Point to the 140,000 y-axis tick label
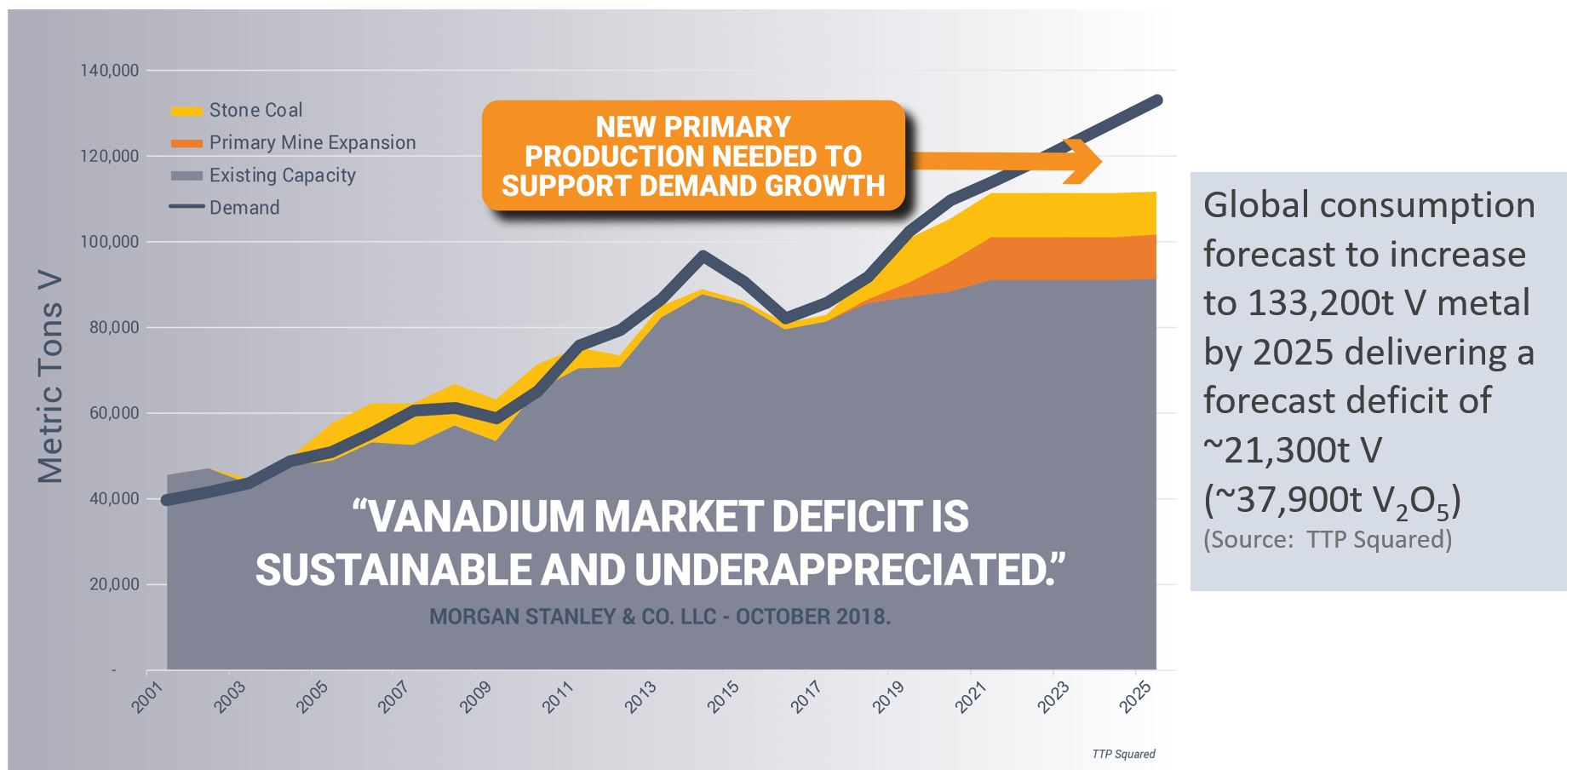[110, 71]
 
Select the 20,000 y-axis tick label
[112, 585]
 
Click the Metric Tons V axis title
[51, 378]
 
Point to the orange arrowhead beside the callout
[1086, 160]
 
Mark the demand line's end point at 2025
[1157, 101]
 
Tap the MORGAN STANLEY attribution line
[659, 617]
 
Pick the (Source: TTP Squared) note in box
[1327, 539]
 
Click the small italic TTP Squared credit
[1123, 754]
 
